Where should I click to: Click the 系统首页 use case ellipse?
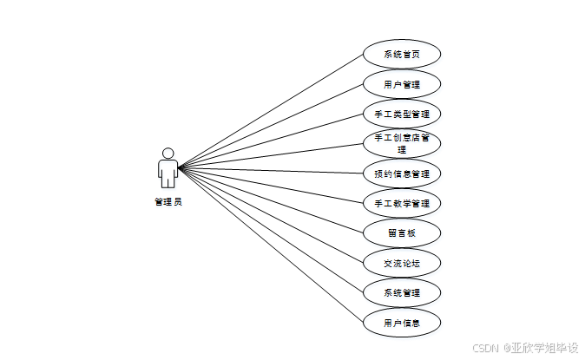click(x=402, y=54)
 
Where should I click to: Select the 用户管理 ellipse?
click(x=402, y=84)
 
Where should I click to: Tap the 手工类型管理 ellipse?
click(x=402, y=114)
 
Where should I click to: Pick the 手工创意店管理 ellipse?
click(x=402, y=143)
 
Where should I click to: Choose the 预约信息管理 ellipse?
click(x=402, y=173)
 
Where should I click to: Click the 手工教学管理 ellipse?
click(x=402, y=203)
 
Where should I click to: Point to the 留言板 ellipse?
click(x=402, y=232)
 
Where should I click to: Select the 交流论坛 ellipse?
click(x=402, y=262)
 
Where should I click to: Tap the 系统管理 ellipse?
click(x=402, y=292)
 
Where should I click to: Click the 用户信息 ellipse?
click(x=402, y=322)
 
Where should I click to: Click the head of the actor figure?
click(x=168, y=154)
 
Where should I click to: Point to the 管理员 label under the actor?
click(x=168, y=202)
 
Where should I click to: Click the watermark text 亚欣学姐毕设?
click(x=544, y=347)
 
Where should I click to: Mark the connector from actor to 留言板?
click(x=270, y=200)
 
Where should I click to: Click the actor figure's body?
click(x=168, y=172)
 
